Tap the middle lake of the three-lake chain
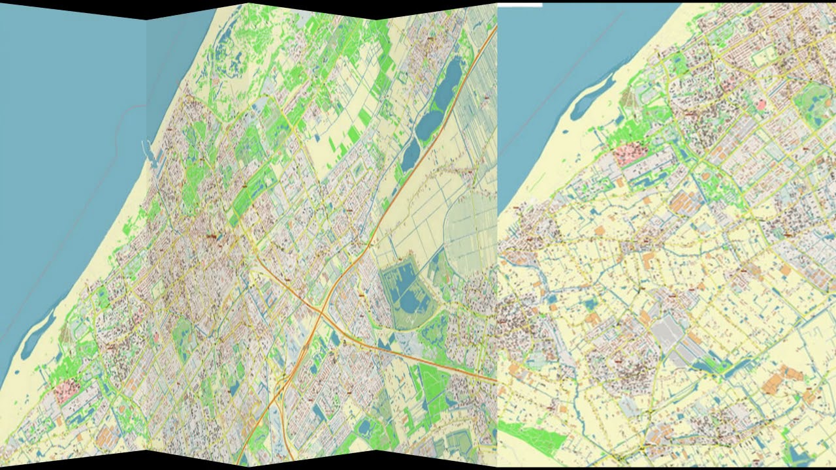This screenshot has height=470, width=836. [430, 123]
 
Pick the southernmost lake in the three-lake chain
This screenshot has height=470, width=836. [411, 155]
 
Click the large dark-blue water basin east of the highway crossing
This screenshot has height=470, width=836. [406, 290]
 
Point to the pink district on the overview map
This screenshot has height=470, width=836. [66, 391]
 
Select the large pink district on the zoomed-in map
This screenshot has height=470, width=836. [632, 154]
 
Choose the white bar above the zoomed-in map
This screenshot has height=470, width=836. [520, 5]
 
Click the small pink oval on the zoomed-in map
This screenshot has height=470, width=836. [761, 104]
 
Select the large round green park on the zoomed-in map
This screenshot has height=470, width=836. [814, 104]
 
